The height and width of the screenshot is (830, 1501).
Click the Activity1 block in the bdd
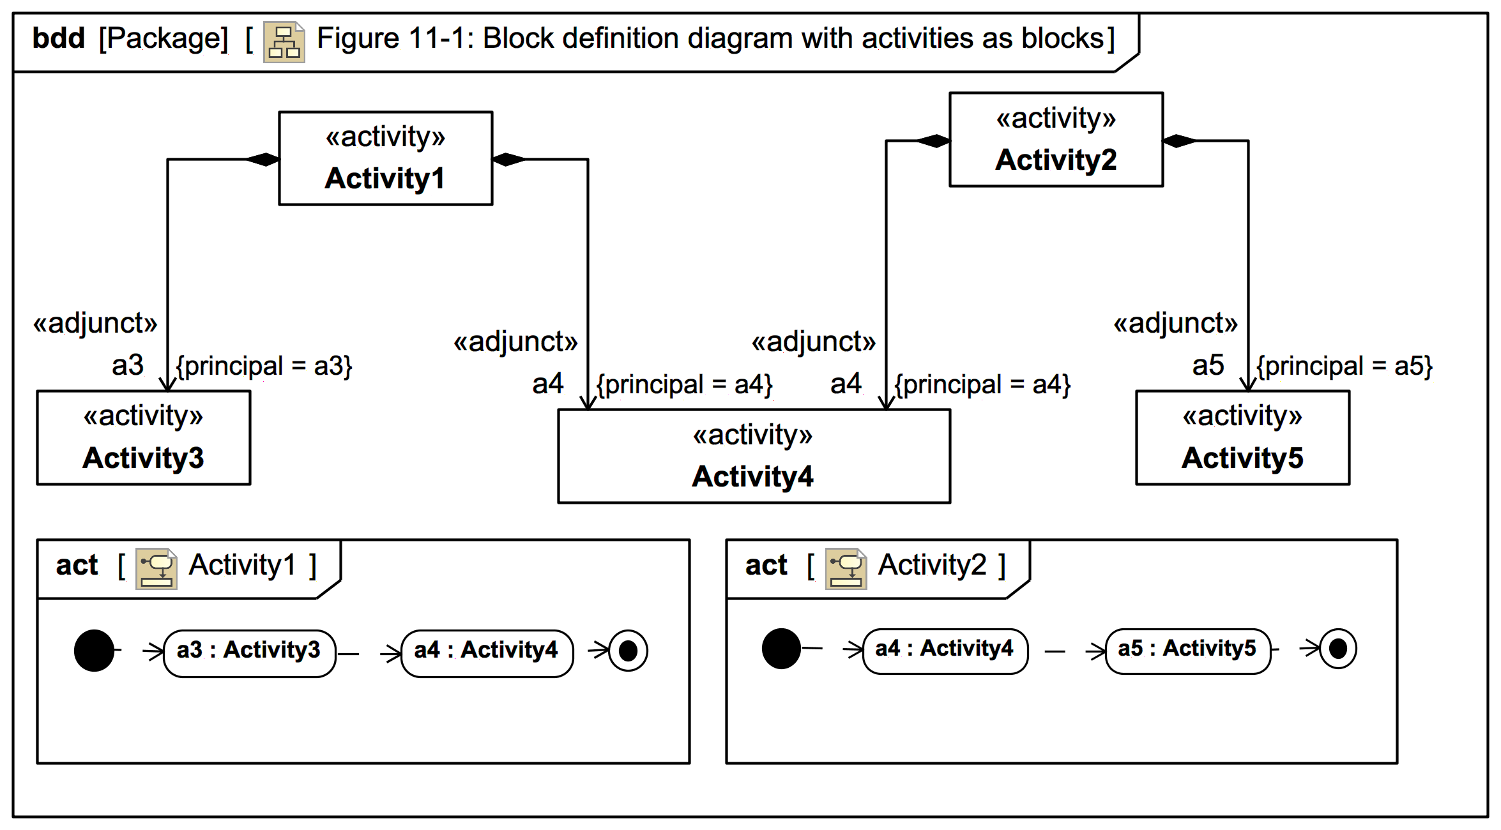[x=385, y=158]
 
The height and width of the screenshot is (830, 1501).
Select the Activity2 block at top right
[x=1056, y=140]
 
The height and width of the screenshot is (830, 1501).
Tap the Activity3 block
[x=144, y=438]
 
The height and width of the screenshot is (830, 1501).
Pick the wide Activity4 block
[x=754, y=456]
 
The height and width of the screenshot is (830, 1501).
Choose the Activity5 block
[x=1242, y=438]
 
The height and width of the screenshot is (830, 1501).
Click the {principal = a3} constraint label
[x=264, y=366]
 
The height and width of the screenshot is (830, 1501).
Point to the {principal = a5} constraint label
[x=1345, y=366]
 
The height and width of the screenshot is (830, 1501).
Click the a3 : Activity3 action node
[x=249, y=651]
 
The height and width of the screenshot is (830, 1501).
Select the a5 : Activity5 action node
[x=1187, y=649]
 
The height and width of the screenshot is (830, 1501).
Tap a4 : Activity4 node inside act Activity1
[x=487, y=651]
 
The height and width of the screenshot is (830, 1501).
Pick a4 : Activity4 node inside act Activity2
[x=945, y=649]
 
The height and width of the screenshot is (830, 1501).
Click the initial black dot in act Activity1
[x=94, y=651]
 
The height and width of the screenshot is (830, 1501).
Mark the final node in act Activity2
[x=1337, y=649]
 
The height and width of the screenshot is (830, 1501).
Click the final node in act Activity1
[x=628, y=651]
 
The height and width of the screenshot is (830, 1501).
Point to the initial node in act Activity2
[x=781, y=649]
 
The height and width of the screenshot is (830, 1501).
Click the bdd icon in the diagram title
[x=284, y=42]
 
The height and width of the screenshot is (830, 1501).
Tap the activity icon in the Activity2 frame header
[x=846, y=568]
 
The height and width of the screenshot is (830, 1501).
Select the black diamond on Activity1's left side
[x=263, y=159]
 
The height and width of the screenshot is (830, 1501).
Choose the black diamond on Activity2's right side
[x=1179, y=141]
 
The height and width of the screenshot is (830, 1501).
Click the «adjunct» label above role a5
[x=1175, y=323]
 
